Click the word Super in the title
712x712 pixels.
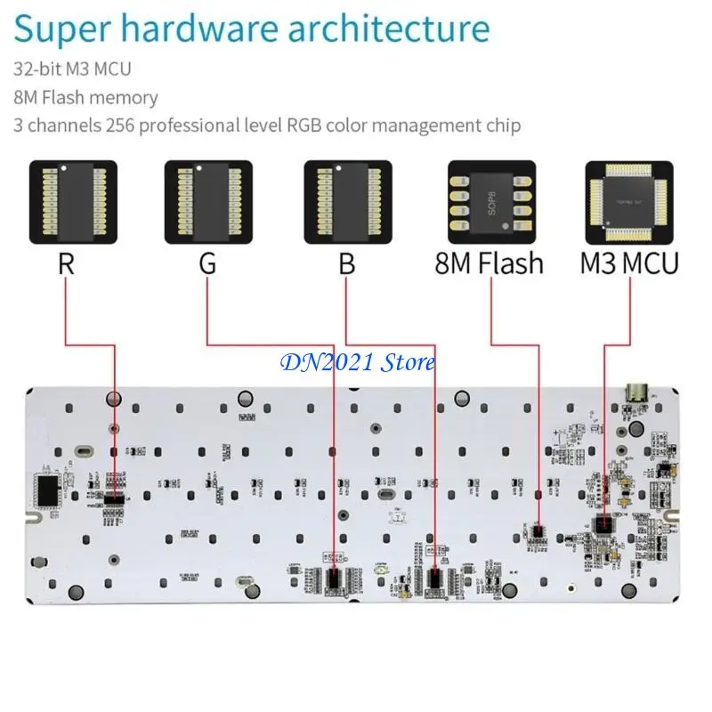(66, 28)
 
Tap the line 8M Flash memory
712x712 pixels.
(86, 97)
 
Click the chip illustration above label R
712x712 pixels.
(73, 202)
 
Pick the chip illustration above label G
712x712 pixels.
(208, 202)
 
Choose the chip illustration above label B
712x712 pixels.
(347, 202)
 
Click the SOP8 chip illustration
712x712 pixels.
(492, 202)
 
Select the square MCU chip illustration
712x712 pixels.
(629, 202)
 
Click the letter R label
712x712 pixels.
(65, 263)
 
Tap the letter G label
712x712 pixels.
(206, 263)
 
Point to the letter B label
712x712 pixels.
(346, 263)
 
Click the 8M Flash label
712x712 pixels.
(489, 263)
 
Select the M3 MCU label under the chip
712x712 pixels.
(629, 263)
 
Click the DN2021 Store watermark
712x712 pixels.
(358, 362)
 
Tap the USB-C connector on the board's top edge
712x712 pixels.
(637, 392)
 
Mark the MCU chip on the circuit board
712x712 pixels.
(604, 523)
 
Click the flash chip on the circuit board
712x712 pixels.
(537, 530)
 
